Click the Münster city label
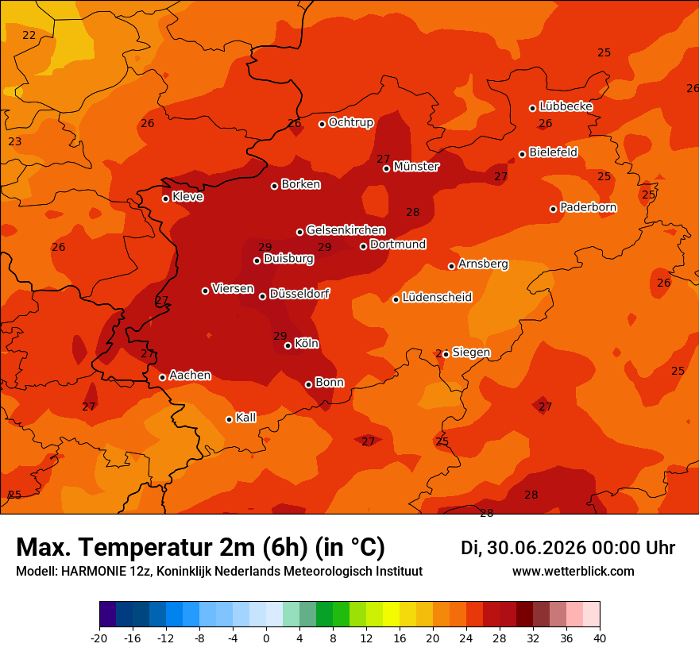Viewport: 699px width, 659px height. pyautogui.click(x=416, y=167)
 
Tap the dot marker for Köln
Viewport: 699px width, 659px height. pyautogui.click(x=288, y=345)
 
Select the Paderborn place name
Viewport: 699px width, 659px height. pyautogui.click(x=588, y=207)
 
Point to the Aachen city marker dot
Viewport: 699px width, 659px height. pyautogui.click(x=162, y=377)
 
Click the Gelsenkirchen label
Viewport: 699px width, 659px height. pyautogui.click(x=346, y=230)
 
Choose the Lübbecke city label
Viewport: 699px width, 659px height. pyautogui.click(x=566, y=106)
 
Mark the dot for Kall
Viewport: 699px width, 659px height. pyautogui.click(x=229, y=419)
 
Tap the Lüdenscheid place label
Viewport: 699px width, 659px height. pyautogui.click(x=437, y=297)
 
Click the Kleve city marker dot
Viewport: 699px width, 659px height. pyautogui.click(x=165, y=198)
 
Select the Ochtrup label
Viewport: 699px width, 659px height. pyautogui.click(x=351, y=122)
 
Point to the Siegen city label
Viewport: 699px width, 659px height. pyautogui.click(x=471, y=353)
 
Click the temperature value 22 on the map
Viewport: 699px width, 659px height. pyautogui.click(x=29, y=35)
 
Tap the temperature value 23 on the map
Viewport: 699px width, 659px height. pyautogui.click(x=15, y=141)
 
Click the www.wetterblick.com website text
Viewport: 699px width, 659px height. pyautogui.click(x=573, y=571)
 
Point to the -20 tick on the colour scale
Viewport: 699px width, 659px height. pyautogui.click(x=99, y=638)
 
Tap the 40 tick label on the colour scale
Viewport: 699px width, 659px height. pyautogui.click(x=600, y=638)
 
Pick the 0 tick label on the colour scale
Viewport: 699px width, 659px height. pyautogui.click(x=266, y=638)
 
